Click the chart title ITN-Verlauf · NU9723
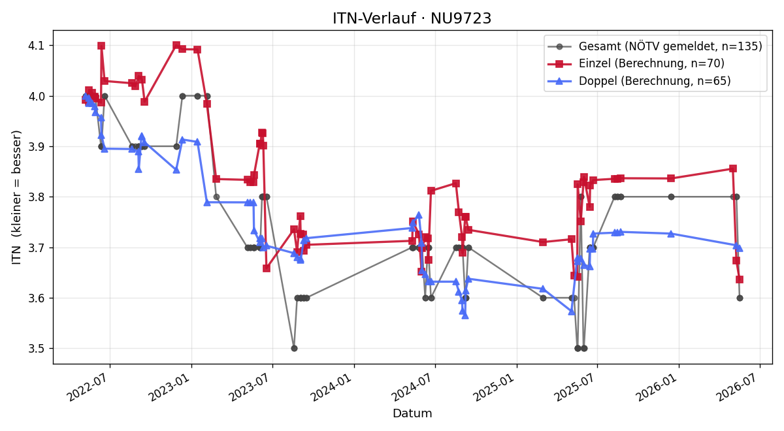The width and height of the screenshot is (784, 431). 412,18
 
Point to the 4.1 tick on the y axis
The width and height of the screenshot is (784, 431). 37,46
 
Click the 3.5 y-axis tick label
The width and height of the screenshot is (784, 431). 37,349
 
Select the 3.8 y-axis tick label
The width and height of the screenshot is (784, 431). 37,197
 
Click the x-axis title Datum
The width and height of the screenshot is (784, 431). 412,413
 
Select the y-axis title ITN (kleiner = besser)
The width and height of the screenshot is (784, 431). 16,197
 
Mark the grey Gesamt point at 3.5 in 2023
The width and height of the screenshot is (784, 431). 295,349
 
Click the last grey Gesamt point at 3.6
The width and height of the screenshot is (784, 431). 740,298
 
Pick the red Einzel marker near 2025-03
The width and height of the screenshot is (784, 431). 543,242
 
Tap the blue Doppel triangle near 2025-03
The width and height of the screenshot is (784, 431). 543,289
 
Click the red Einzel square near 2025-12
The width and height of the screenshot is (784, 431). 671,178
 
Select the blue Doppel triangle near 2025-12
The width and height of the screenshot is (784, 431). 671,234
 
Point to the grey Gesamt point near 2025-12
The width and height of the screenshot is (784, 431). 671,197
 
